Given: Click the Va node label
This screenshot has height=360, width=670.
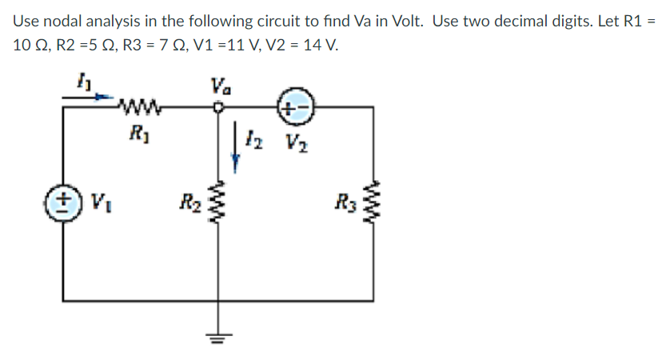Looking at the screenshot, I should pos(217,83).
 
